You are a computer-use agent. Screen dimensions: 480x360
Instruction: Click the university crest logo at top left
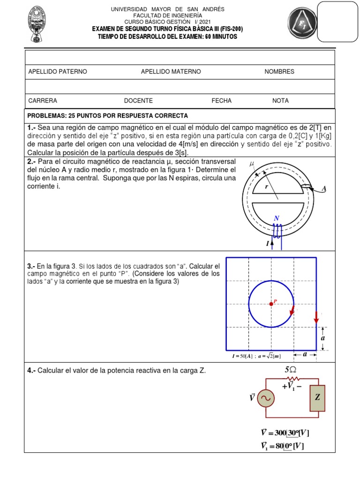click(41, 23)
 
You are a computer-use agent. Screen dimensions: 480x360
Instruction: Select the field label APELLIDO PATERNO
click(58, 72)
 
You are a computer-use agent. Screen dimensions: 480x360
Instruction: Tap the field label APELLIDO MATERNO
click(171, 72)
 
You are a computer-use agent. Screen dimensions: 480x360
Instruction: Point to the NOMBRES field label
click(279, 72)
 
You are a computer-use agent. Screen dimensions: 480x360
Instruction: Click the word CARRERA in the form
click(43, 101)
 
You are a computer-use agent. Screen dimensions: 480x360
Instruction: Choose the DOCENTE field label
click(138, 101)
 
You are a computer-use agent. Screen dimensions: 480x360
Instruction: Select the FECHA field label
click(221, 101)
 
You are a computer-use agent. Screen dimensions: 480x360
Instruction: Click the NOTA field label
click(280, 101)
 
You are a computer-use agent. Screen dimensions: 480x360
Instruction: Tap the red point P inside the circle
click(271, 304)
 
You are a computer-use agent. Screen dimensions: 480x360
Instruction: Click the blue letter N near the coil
click(277, 218)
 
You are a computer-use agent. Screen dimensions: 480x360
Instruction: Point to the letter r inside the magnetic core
click(266, 186)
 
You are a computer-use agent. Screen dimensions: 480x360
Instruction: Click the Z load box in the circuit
click(317, 398)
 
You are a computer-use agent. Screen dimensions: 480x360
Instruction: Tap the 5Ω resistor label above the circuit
click(291, 370)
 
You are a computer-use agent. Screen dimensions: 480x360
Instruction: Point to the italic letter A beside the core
click(323, 189)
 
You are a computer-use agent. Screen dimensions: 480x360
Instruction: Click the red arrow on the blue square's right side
click(316, 317)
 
